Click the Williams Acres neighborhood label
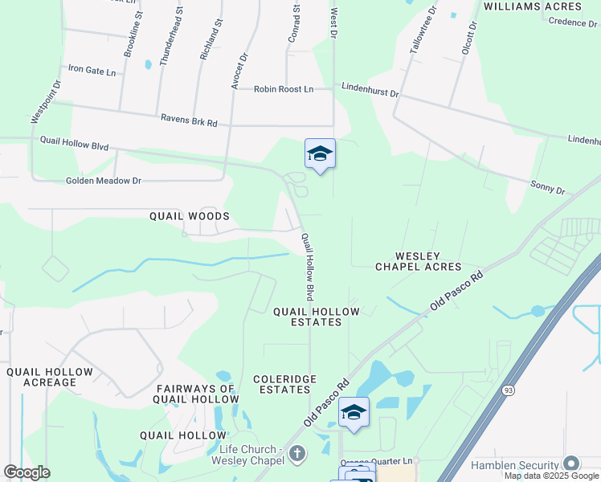(532, 6)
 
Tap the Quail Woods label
(190, 216)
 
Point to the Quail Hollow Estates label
(317, 316)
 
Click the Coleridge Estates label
(284, 384)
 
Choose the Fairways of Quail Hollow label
(196, 394)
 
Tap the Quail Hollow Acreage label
(50, 378)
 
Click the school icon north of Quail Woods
(320, 153)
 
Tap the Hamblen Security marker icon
(571, 464)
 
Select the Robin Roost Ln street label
(284, 89)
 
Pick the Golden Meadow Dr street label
(104, 181)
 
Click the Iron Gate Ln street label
(93, 71)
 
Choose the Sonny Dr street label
(548, 188)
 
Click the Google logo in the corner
(27, 472)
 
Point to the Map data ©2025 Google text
(552, 476)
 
